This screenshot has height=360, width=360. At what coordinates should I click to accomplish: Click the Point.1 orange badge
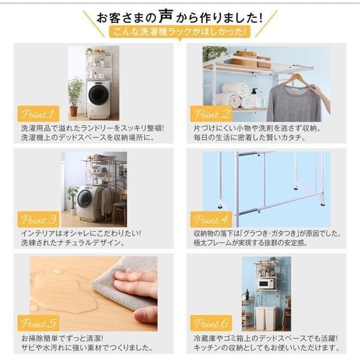[38, 113]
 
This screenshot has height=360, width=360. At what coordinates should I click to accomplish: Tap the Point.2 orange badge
[211, 113]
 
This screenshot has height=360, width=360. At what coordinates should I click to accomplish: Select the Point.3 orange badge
[38, 219]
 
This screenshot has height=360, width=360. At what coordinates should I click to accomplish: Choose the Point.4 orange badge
[211, 219]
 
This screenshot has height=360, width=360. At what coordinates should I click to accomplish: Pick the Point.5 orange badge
[38, 323]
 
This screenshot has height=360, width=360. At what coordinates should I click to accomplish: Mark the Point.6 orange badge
[211, 323]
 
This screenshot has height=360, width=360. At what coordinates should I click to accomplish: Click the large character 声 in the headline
[166, 16]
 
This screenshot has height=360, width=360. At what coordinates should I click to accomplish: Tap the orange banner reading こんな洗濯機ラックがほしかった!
[179, 32]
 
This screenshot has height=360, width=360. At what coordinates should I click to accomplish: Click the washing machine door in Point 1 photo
[99, 94]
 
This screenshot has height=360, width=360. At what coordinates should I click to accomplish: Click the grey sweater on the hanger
[294, 103]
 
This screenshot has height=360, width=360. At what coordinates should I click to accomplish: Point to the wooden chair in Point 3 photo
[120, 208]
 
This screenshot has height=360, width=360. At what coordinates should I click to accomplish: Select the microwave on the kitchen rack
[266, 284]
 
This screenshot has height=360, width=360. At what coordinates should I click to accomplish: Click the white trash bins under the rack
[266, 317]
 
